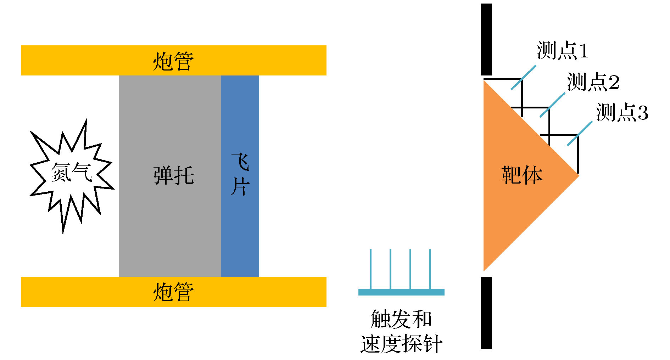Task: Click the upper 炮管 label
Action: click(x=173, y=61)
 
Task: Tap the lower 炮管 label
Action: click(x=173, y=292)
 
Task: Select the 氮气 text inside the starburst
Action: click(x=71, y=173)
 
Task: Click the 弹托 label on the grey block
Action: click(x=174, y=175)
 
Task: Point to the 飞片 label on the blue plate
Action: click(x=240, y=174)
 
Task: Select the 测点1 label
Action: click(x=563, y=50)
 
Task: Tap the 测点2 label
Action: click(x=593, y=82)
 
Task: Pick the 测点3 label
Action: click(x=622, y=112)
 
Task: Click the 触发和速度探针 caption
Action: click(x=401, y=331)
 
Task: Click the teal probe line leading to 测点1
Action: click(x=523, y=78)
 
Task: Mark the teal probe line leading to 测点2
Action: click(x=552, y=105)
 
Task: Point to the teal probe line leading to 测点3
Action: click(x=580, y=134)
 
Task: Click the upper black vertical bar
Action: click(x=486, y=39)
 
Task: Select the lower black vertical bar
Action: click(x=486, y=313)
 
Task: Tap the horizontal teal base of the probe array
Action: click(x=401, y=292)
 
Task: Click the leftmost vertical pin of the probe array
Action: click(x=371, y=269)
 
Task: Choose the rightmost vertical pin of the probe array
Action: click(x=430, y=269)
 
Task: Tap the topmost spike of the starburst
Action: click(x=85, y=123)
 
